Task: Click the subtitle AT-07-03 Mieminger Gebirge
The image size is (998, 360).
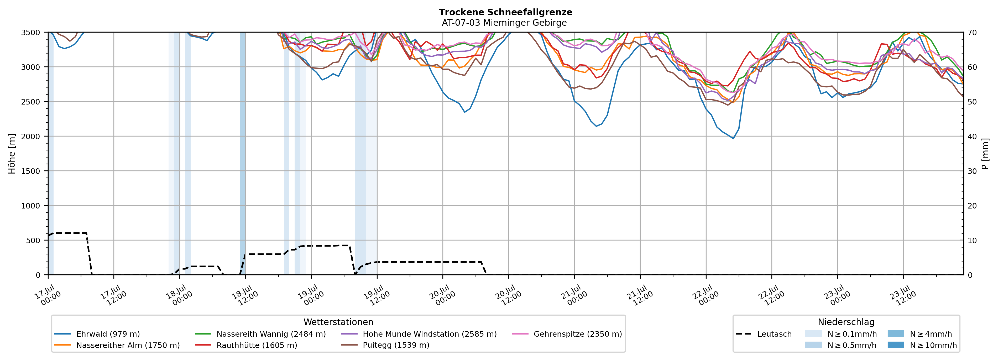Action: click(504, 23)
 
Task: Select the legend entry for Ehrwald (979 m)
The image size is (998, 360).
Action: click(97, 334)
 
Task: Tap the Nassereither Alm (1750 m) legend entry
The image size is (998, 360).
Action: click(117, 345)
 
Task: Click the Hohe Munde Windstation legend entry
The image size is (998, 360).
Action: click(419, 334)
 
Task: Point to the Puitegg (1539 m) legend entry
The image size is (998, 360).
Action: click(385, 345)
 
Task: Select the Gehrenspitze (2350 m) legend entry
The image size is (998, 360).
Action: click(567, 334)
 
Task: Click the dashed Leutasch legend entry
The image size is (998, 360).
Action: click(764, 334)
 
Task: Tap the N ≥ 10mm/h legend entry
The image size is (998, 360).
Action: click(922, 345)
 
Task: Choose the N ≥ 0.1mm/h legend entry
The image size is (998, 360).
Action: click(841, 334)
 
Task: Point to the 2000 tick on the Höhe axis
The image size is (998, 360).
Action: click(31, 136)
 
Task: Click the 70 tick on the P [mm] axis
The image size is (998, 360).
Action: click(972, 33)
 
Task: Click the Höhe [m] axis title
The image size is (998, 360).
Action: click(12, 153)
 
